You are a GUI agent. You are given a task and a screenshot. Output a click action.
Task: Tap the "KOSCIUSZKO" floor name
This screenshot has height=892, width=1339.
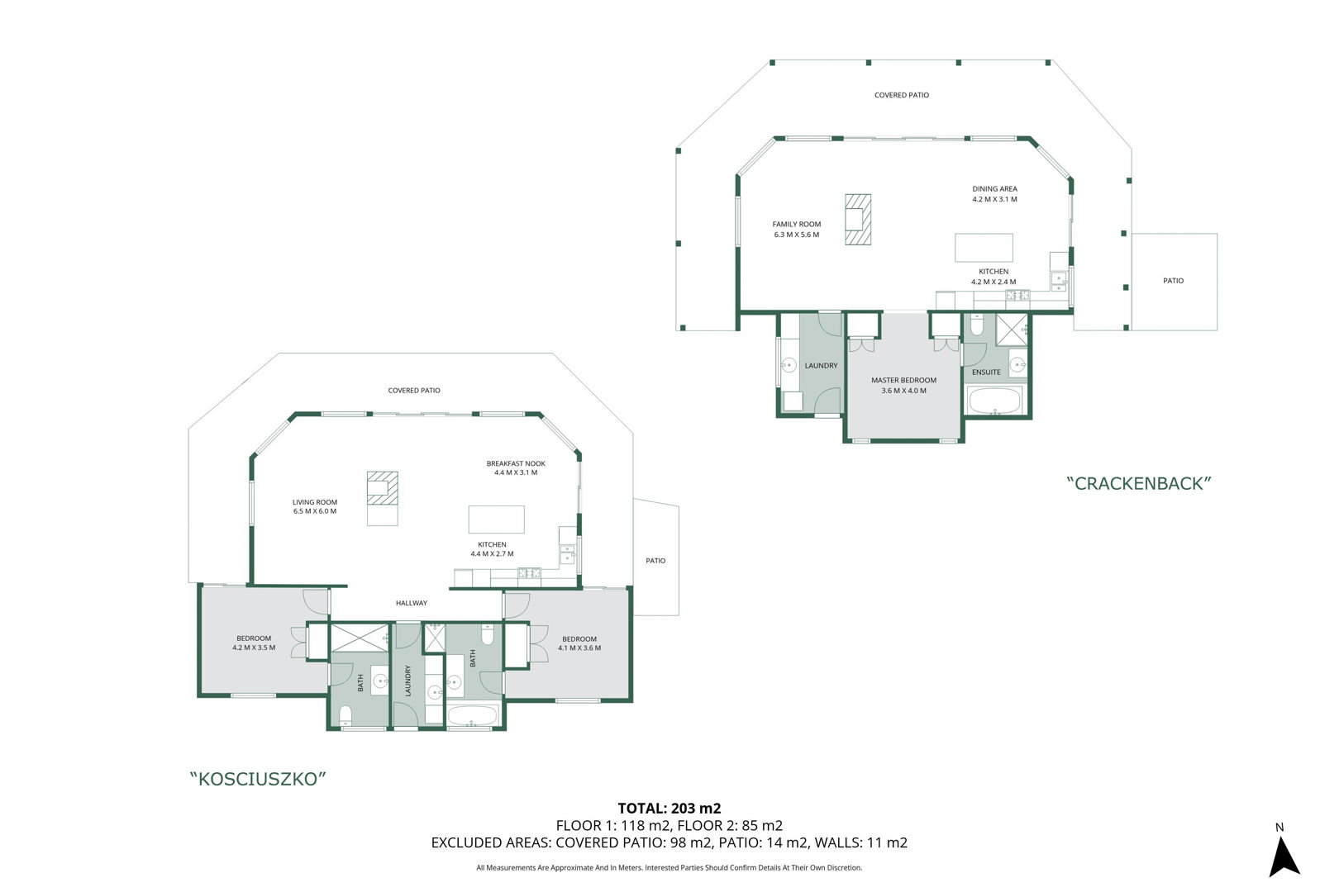coord(258,779)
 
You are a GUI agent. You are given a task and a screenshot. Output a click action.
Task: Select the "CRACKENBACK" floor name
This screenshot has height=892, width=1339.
coord(1139,483)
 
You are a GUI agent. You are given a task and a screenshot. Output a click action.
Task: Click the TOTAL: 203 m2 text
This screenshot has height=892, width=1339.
coord(669,809)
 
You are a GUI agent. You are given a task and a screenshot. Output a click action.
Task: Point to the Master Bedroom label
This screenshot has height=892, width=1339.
coord(903,380)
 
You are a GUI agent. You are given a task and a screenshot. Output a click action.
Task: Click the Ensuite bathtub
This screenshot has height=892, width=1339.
coord(994,401)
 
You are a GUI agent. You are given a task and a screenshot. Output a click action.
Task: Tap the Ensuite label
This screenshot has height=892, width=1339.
coord(986,372)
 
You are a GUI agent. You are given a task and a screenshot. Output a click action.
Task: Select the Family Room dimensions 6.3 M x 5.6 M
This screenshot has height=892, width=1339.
coord(796,235)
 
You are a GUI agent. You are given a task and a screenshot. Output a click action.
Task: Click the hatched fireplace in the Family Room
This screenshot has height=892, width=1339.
coord(858,219)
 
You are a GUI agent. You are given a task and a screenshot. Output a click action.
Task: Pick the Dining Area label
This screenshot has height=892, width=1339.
coord(994,189)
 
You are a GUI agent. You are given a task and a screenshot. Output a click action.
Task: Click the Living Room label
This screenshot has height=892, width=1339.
coord(314,502)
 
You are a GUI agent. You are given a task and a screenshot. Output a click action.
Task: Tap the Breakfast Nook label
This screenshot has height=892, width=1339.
coord(515,463)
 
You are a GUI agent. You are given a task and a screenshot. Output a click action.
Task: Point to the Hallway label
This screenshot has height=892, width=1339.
coord(412,603)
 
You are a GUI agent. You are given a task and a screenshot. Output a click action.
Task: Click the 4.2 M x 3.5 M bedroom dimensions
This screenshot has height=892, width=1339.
coord(254,648)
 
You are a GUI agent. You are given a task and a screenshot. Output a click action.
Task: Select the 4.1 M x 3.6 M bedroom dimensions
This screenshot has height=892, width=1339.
coord(579,648)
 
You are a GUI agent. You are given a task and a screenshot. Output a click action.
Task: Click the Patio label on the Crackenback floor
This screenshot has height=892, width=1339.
coord(1173,280)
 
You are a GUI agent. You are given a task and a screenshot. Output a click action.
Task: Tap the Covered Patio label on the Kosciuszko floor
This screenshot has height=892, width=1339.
coord(413,390)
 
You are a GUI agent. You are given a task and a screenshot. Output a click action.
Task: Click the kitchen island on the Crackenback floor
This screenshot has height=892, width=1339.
coord(984,247)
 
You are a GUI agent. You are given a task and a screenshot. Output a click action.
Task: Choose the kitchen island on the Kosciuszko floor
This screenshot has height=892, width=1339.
coord(496,520)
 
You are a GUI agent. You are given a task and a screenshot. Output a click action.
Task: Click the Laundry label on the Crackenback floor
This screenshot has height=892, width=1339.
coord(821,366)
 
